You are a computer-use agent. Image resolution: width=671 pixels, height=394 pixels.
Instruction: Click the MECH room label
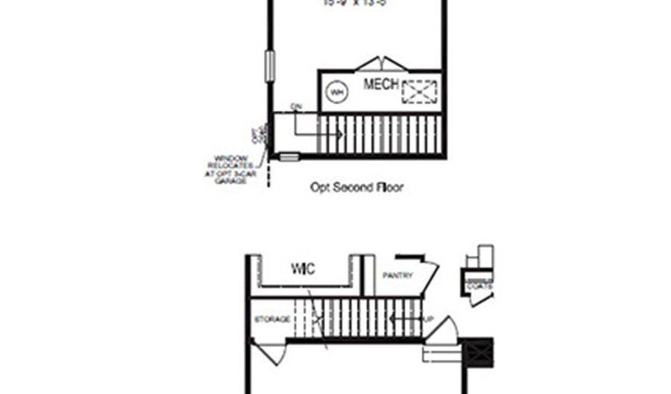coord(381,84)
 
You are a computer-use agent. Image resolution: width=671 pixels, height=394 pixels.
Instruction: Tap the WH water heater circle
coord(337,92)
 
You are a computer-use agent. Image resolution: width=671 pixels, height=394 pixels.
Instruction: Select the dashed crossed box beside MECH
coord(419,92)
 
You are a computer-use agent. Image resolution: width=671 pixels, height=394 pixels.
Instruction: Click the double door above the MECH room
coord(379,63)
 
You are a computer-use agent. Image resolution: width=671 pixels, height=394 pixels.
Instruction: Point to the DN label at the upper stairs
coord(296,107)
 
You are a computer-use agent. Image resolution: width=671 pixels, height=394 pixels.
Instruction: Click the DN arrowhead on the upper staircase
coord(340,134)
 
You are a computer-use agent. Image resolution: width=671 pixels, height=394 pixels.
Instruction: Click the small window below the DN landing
coord(289,156)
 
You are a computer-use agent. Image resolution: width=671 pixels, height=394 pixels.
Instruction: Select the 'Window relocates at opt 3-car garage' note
coord(231,168)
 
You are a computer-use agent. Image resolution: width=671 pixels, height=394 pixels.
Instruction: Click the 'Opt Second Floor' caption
coord(356,188)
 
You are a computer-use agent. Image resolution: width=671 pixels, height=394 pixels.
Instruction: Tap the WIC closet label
coord(303,269)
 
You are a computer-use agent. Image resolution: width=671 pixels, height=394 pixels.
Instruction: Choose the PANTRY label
coord(397,276)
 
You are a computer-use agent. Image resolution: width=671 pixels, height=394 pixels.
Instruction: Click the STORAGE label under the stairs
coord(272,320)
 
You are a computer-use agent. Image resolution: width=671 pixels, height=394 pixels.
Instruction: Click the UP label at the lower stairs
coord(428,320)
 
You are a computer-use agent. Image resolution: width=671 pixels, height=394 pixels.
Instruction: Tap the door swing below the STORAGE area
coord(270,352)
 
